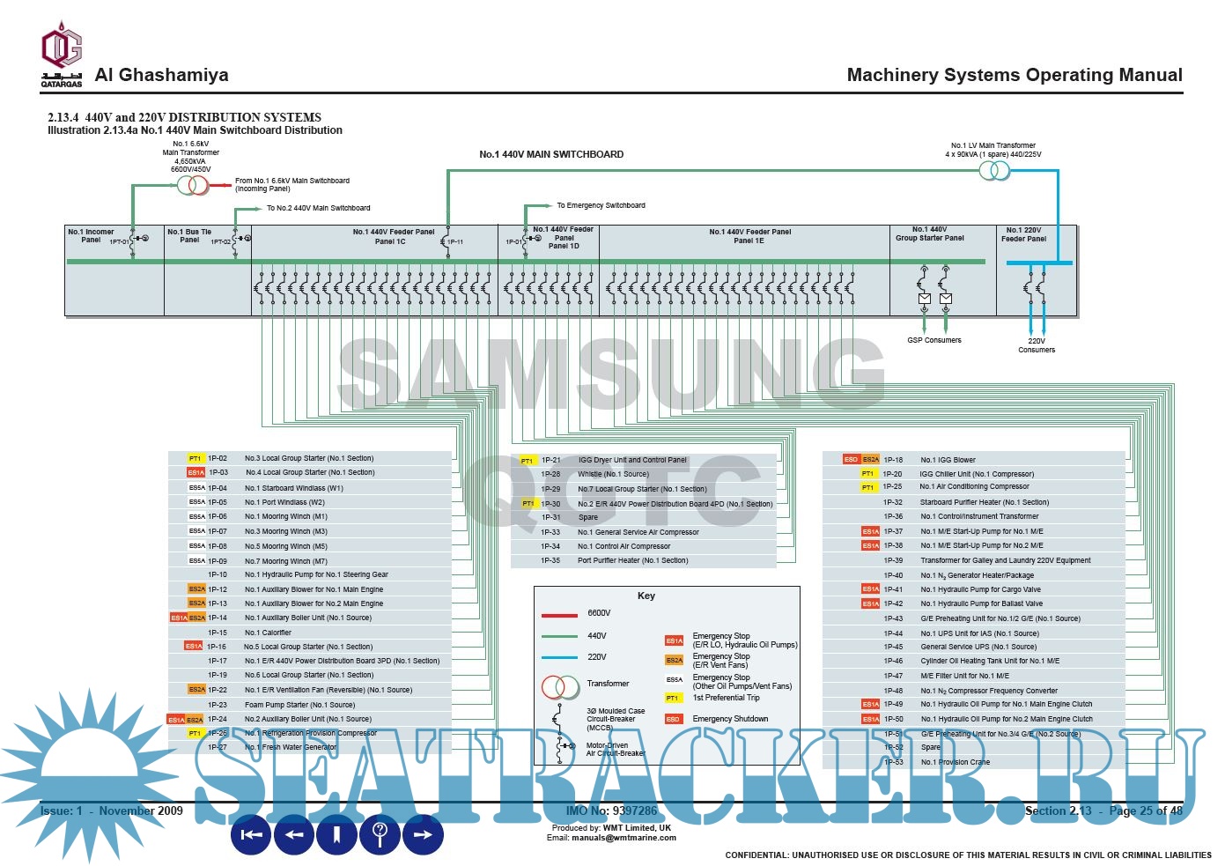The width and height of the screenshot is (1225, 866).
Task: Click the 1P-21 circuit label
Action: click(x=550, y=460)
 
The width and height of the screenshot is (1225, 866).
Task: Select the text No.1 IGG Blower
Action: click(x=948, y=460)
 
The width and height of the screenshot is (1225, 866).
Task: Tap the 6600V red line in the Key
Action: click(x=559, y=614)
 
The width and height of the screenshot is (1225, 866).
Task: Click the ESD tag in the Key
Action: click(x=674, y=719)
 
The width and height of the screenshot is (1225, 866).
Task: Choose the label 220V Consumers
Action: click(x=1037, y=345)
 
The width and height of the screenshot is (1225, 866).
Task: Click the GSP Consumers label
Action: click(x=934, y=340)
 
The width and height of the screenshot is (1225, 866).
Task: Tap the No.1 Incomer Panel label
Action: click(x=91, y=236)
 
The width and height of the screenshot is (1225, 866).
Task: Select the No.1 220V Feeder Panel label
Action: click(x=1024, y=234)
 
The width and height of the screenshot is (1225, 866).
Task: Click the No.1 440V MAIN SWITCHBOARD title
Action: click(x=551, y=154)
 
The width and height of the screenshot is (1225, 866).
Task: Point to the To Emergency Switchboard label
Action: click(x=601, y=205)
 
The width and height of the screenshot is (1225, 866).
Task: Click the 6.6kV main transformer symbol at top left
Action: click(x=193, y=185)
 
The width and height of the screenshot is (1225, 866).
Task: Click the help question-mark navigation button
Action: click(x=380, y=833)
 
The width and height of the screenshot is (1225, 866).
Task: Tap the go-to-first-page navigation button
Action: click(x=251, y=834)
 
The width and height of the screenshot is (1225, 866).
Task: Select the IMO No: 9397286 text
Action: click(x=611, y=810)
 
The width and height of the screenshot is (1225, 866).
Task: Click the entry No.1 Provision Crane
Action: click(x=955, y=762)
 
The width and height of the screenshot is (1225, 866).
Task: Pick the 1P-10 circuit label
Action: click(x=218, y=574)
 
